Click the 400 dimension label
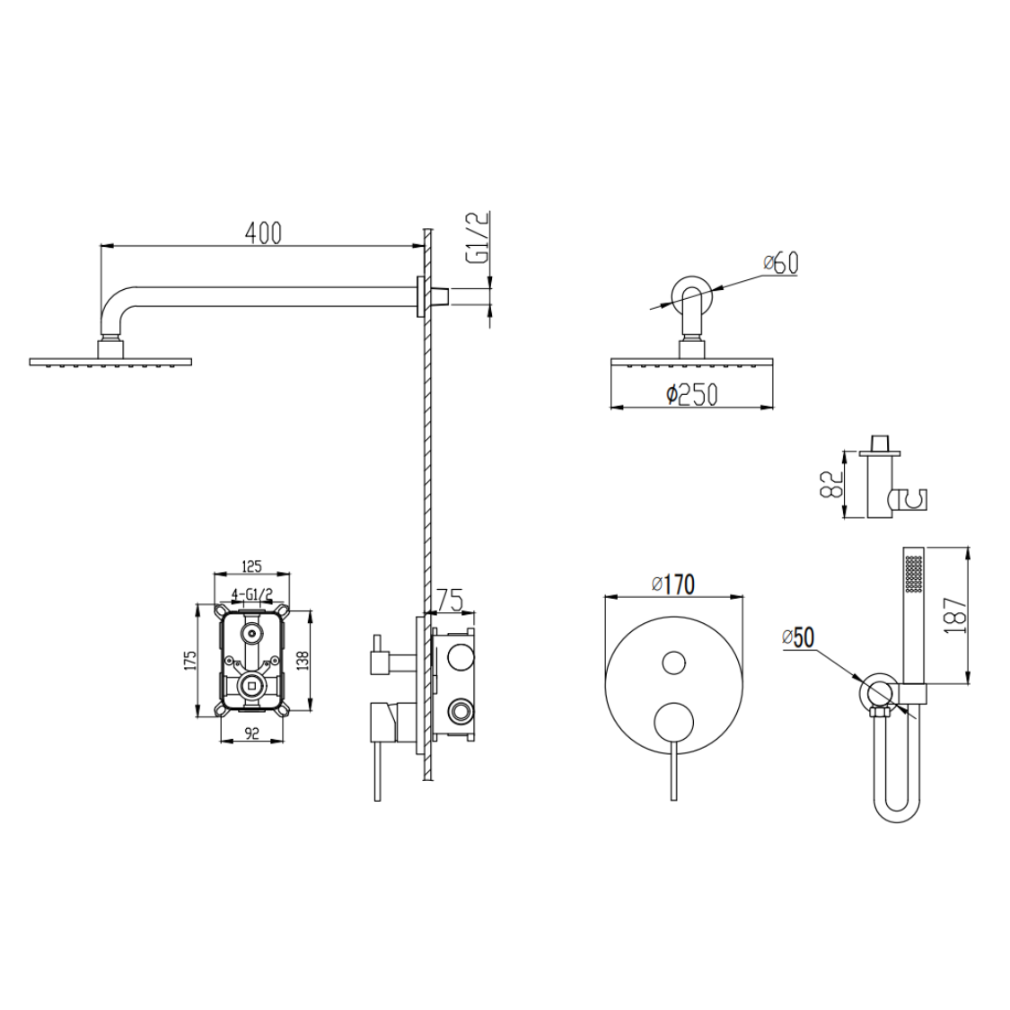coord(263,233)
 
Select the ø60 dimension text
coord(779,263)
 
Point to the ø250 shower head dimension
coord(691,395)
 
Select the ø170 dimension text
coord(672,584)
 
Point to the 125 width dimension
coord(251,566)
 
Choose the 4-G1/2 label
coord(252,593)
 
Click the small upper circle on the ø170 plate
coord(672,663)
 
